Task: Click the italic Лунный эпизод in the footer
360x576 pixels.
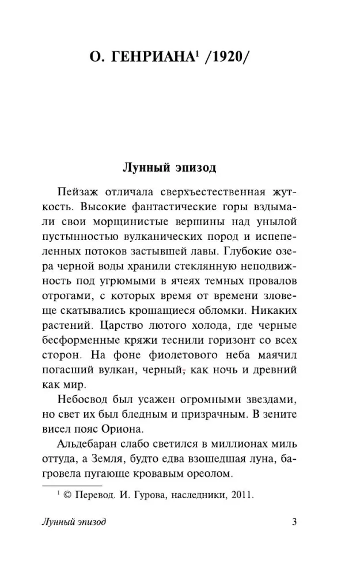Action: click(74, 522)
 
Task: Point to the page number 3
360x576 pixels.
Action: click(294, 522)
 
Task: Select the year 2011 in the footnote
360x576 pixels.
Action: click(242, 494)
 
